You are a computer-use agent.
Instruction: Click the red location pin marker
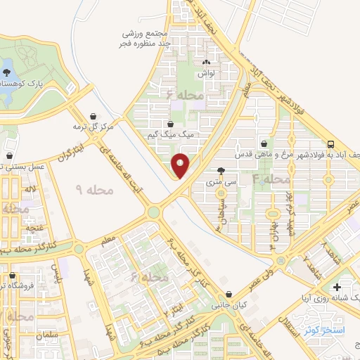pos(181,165)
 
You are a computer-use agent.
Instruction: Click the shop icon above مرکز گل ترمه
pos(94,116)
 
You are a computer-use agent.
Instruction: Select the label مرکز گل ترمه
pos(94,127)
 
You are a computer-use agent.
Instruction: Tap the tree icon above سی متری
pos(222,171)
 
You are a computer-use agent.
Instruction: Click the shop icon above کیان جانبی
pos(226,295)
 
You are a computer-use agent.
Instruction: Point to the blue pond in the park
pos(6,73)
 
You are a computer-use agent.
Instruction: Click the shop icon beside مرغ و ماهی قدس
pos(264,143)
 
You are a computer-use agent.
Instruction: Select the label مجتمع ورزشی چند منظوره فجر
pos(148,39)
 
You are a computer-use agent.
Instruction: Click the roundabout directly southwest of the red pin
pos(153,212)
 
